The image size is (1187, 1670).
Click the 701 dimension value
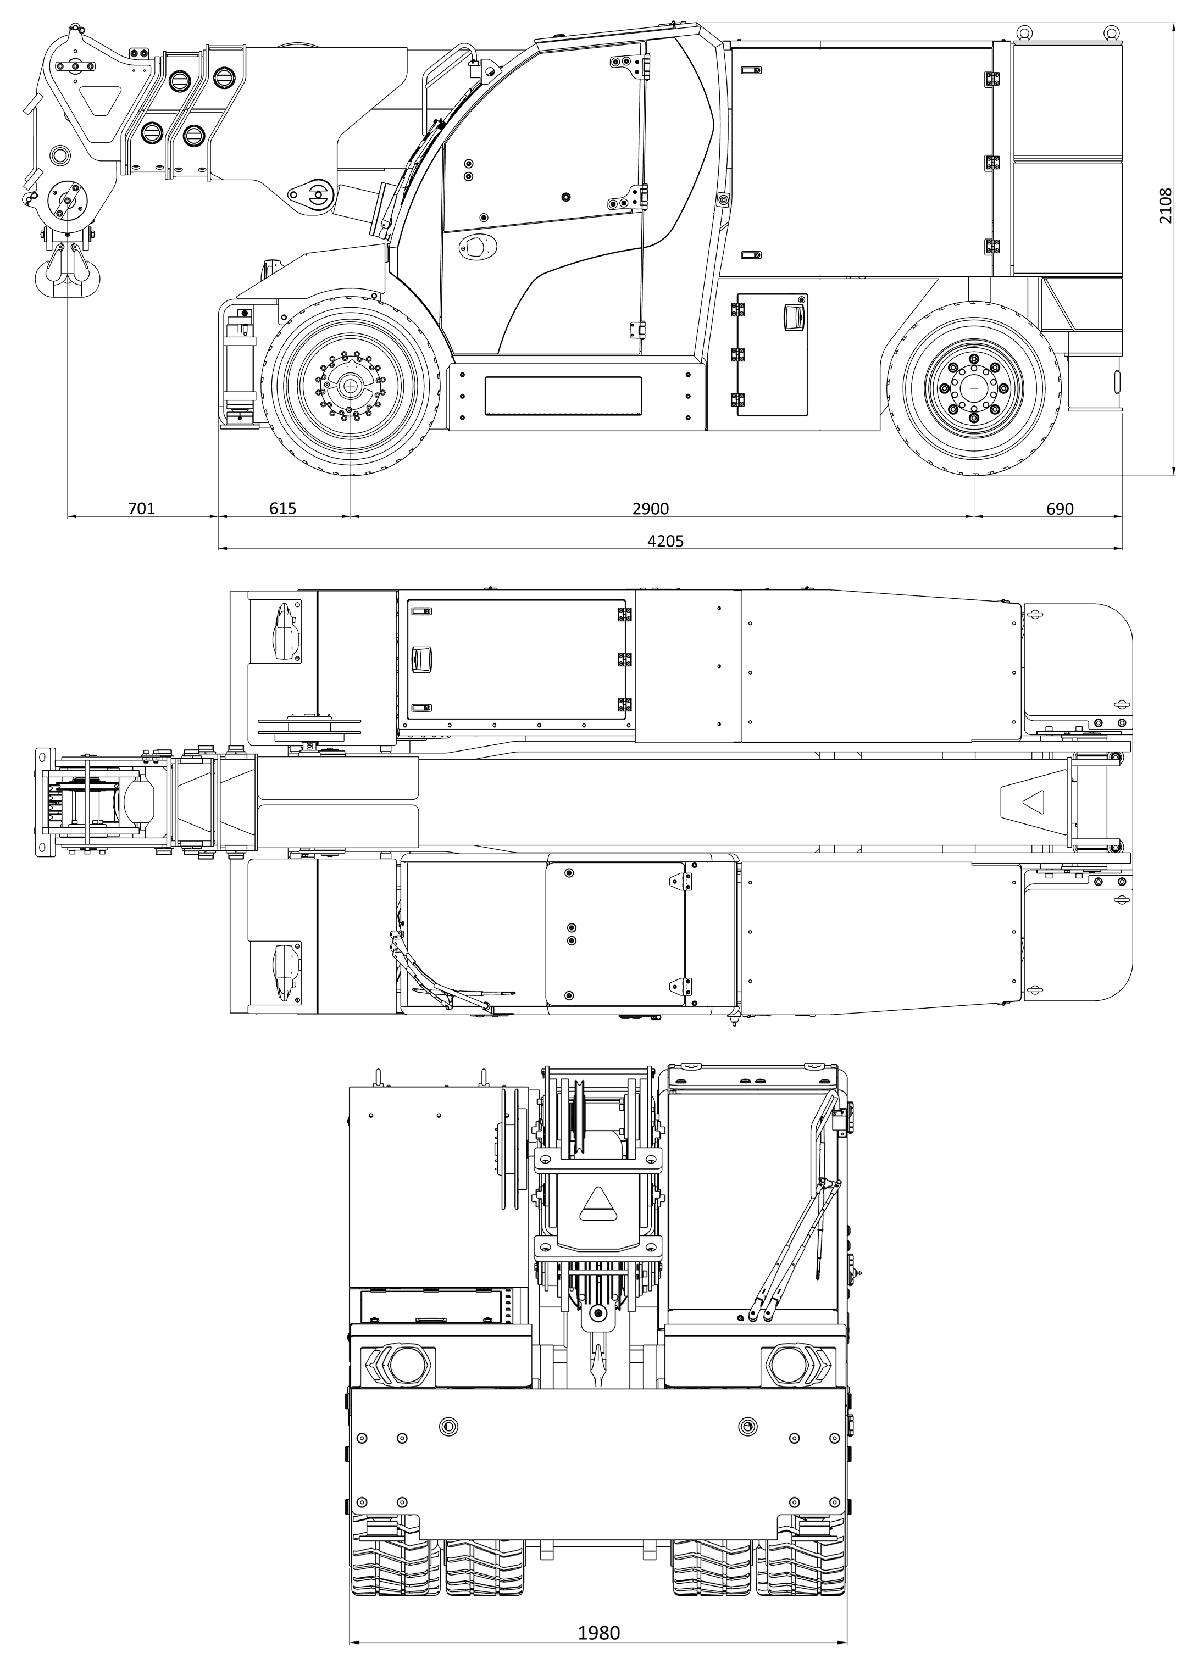[x=142, y=509]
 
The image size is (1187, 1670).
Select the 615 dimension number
[x=283, y=509]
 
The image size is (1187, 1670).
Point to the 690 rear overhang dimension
[x=1060, y=509]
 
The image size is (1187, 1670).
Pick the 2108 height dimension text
[x=1166, y=206]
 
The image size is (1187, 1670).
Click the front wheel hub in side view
[x=351, y=386]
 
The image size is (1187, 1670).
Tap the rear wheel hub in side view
[x=974, y=387]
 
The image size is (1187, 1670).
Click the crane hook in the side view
[x=66, y=270]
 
